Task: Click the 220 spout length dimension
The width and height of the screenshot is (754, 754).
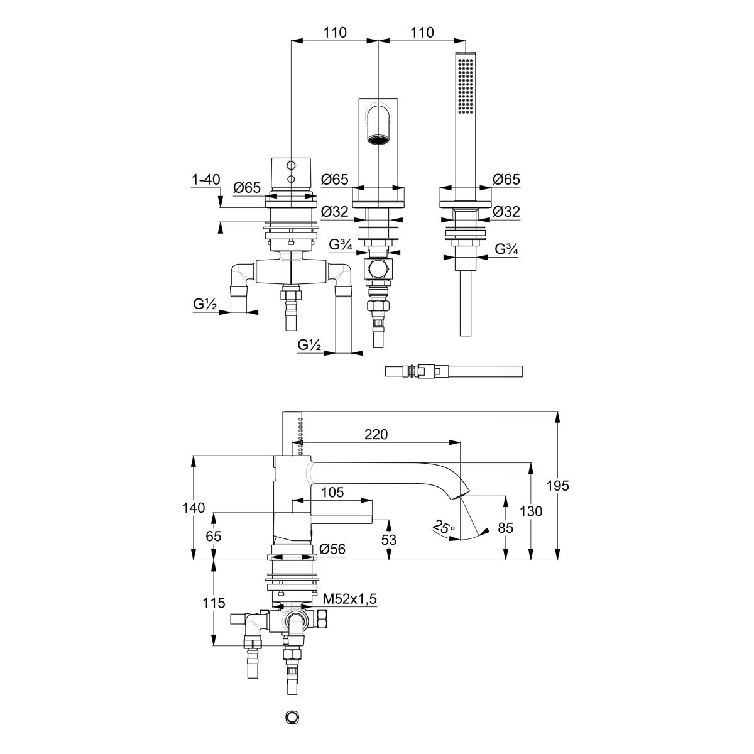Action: [375, 434]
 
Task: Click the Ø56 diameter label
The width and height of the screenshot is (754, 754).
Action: [332, 549]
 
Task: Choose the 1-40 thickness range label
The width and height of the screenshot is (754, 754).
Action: [205, 180]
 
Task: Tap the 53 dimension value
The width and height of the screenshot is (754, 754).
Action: [390, 540]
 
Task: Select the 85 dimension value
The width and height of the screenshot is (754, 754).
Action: [505, 528]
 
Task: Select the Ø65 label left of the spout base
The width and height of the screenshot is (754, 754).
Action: [334, 180]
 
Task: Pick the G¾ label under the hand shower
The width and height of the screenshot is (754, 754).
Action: [506, 249]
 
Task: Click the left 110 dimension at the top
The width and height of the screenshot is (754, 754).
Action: [336, 33]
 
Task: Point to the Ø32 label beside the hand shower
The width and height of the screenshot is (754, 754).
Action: [506, 212]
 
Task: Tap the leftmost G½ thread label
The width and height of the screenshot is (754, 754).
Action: [205, 305]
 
